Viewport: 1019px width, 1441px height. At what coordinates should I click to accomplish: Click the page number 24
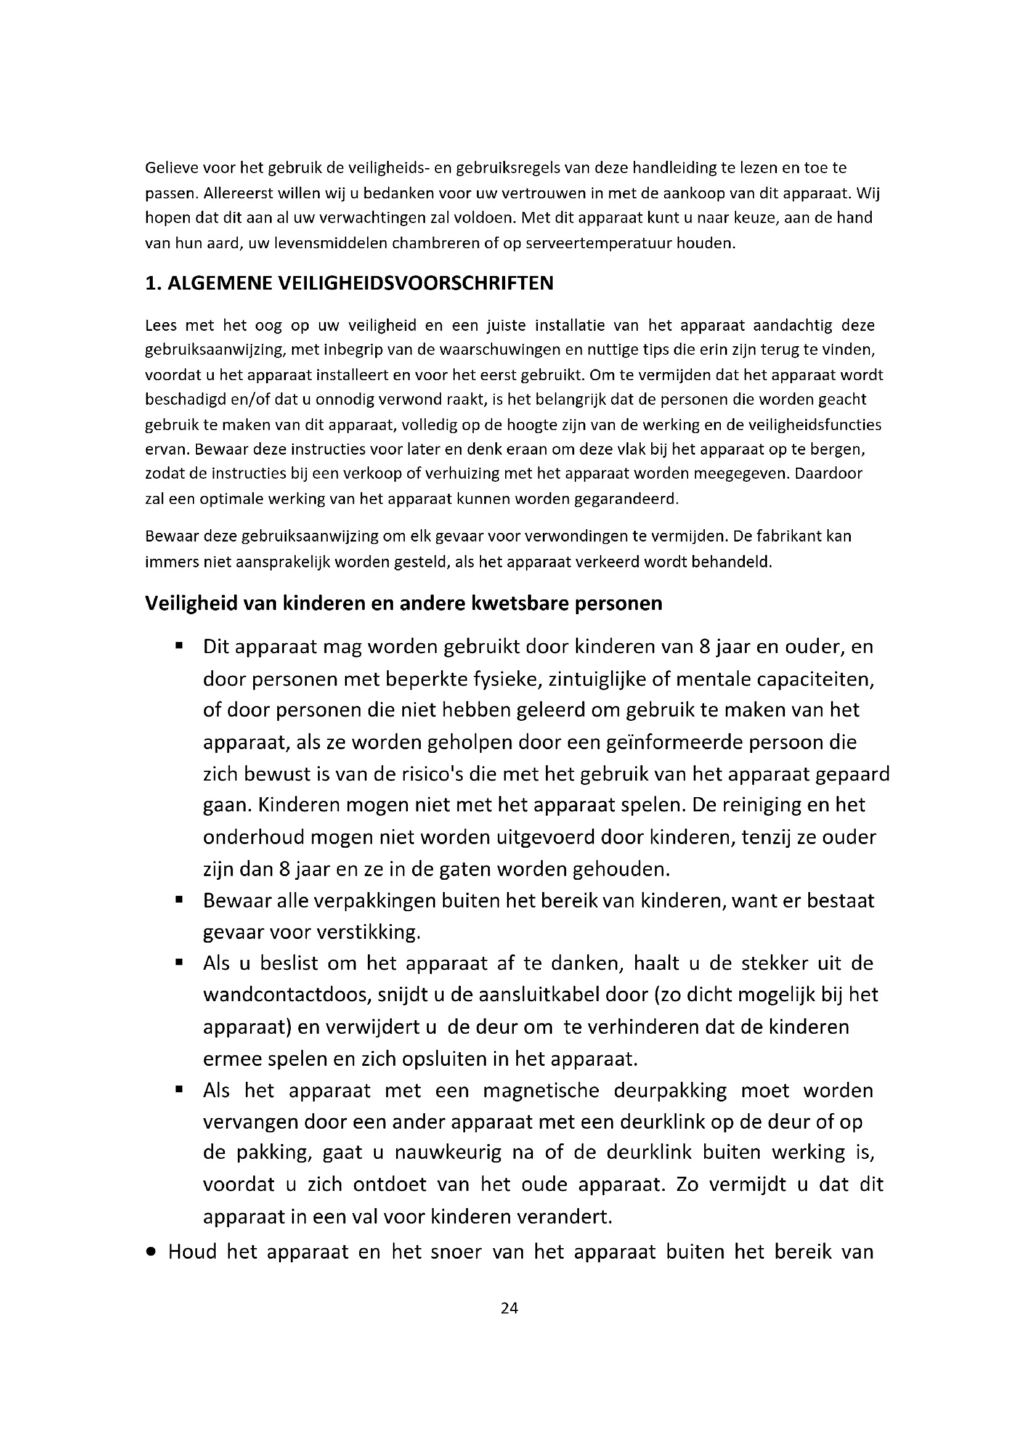(x=509, y=1308)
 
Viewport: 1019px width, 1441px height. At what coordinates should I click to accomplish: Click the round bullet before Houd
(x=150, y=1251)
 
